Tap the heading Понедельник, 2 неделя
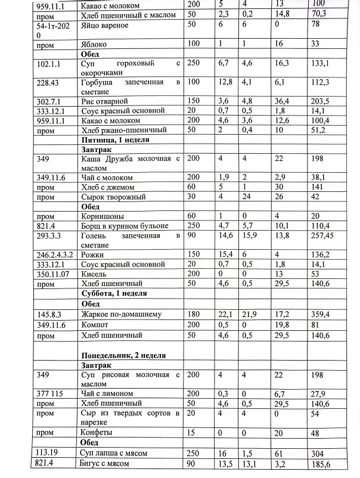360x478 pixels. tap(123, 355)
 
